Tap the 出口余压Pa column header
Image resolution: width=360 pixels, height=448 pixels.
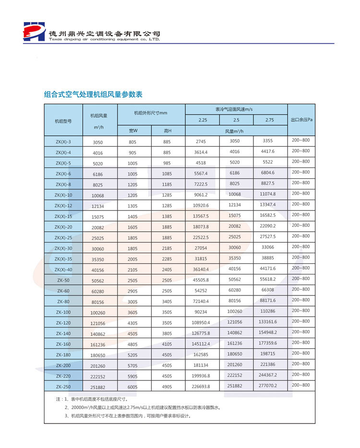(x=301, y=119)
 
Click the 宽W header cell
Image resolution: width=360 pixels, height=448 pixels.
(x=133, y=130)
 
